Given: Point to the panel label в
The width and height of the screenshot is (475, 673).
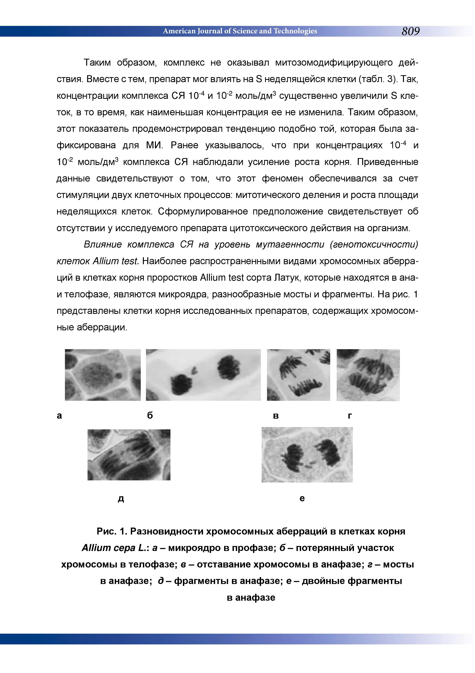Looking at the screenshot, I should click(x=275, y=416).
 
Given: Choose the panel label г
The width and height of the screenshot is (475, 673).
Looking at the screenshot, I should click(x=350, y=416).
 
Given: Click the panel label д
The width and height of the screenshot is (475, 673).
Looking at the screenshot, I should click(x=121, y=498).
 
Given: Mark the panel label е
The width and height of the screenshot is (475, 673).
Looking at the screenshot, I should click(x=302, y=498).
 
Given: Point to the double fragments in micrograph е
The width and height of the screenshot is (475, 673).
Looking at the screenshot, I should click(x=309, y=464).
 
